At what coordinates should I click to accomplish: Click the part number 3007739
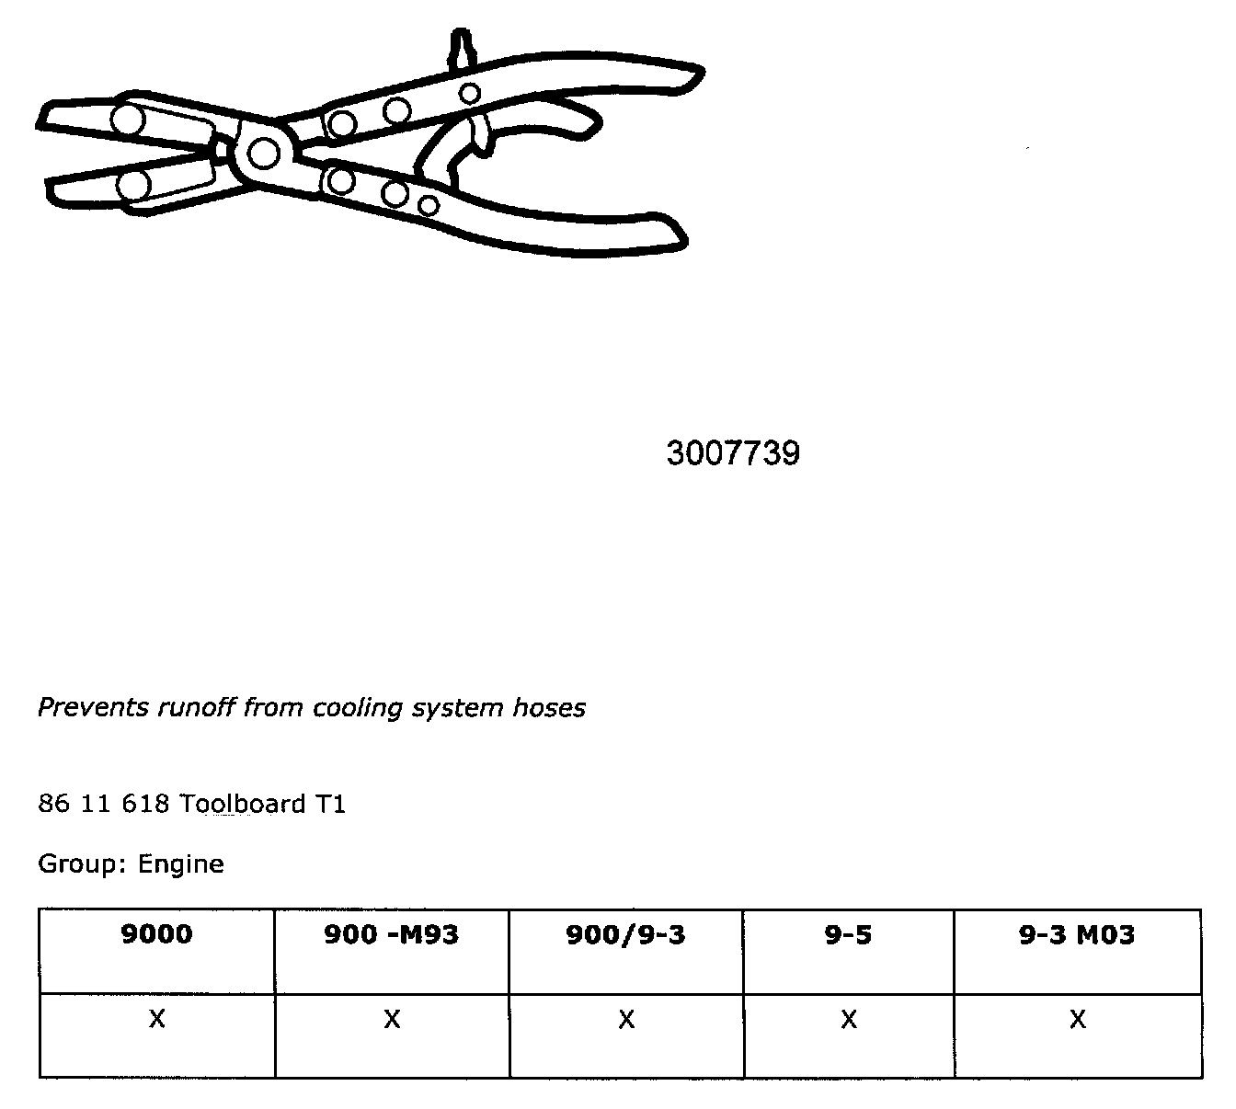(x=733, y=453)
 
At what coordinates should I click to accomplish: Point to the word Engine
(x=180, y=864)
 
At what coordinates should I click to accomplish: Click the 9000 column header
(x=156, y=935)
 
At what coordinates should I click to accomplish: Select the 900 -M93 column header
(x=391, y=935)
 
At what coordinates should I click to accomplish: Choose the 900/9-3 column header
(x=625, y=935)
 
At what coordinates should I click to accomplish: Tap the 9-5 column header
(x=848, y=935)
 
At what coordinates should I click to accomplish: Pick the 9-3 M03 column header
(x=1077, y=935)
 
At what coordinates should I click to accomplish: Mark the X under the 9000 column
(x=156, y=1020)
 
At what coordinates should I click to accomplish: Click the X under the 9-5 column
(x=848, y=1020)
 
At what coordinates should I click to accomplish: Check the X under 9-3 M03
(x=1077, y=1020)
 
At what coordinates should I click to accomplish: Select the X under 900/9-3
(x=625, y=1020)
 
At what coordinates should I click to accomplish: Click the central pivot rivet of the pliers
(x=263, y=153)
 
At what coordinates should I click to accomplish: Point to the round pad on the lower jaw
(x=133, y=185)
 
